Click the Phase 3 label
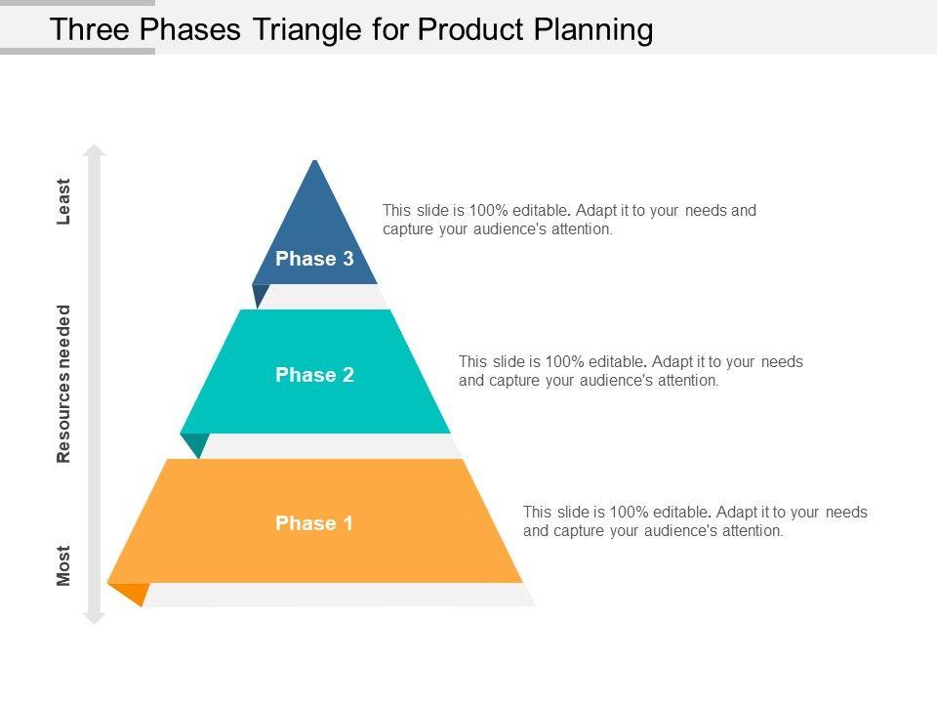(314, 258)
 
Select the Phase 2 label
(314, 374)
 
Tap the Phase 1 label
(313, 523)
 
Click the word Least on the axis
(63, 201)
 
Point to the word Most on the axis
(63, 565)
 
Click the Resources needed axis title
(63, 384)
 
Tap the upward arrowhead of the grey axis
(95, 150)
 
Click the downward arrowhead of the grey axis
(95, 617)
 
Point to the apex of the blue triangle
(314, 160)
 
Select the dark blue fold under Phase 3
(260, 294)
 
